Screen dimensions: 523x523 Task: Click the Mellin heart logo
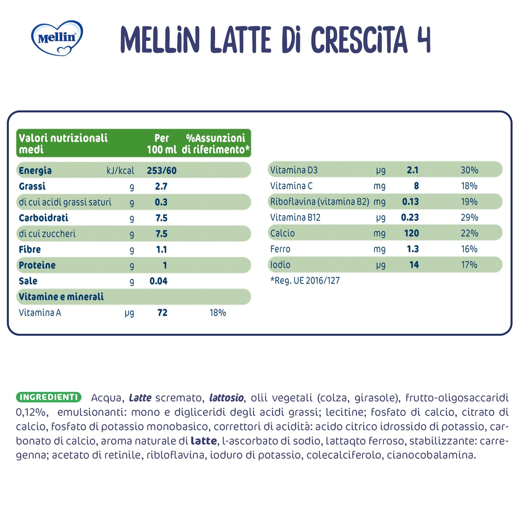[57, 38]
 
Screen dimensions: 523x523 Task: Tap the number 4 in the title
[423, 40]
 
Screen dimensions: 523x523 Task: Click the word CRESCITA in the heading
[359, 40]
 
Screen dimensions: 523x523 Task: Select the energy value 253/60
[161, 170]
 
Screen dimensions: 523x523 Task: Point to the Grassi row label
[32, 186]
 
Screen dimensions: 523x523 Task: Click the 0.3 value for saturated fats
[161, 202]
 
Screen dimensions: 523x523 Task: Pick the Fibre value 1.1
[161, 249]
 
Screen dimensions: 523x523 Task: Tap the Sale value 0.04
[158, 281]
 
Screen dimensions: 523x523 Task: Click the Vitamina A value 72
[162, 312]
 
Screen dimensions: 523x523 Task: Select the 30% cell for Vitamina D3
[469, 170]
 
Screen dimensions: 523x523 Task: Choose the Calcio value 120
[411, 233]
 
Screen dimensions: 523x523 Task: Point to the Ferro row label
[280, 249]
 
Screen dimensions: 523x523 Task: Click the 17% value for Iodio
[469, 264]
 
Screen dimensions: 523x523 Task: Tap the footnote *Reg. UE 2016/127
[305, 280]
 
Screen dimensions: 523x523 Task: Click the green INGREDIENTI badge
[48, 397]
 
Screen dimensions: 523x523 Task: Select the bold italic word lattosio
[226, 398]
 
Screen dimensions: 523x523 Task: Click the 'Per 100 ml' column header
[161, 144]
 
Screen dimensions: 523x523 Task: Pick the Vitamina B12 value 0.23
[410, 217]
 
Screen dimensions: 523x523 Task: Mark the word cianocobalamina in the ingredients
[431, 455]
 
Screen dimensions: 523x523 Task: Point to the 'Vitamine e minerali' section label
[61, 296]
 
